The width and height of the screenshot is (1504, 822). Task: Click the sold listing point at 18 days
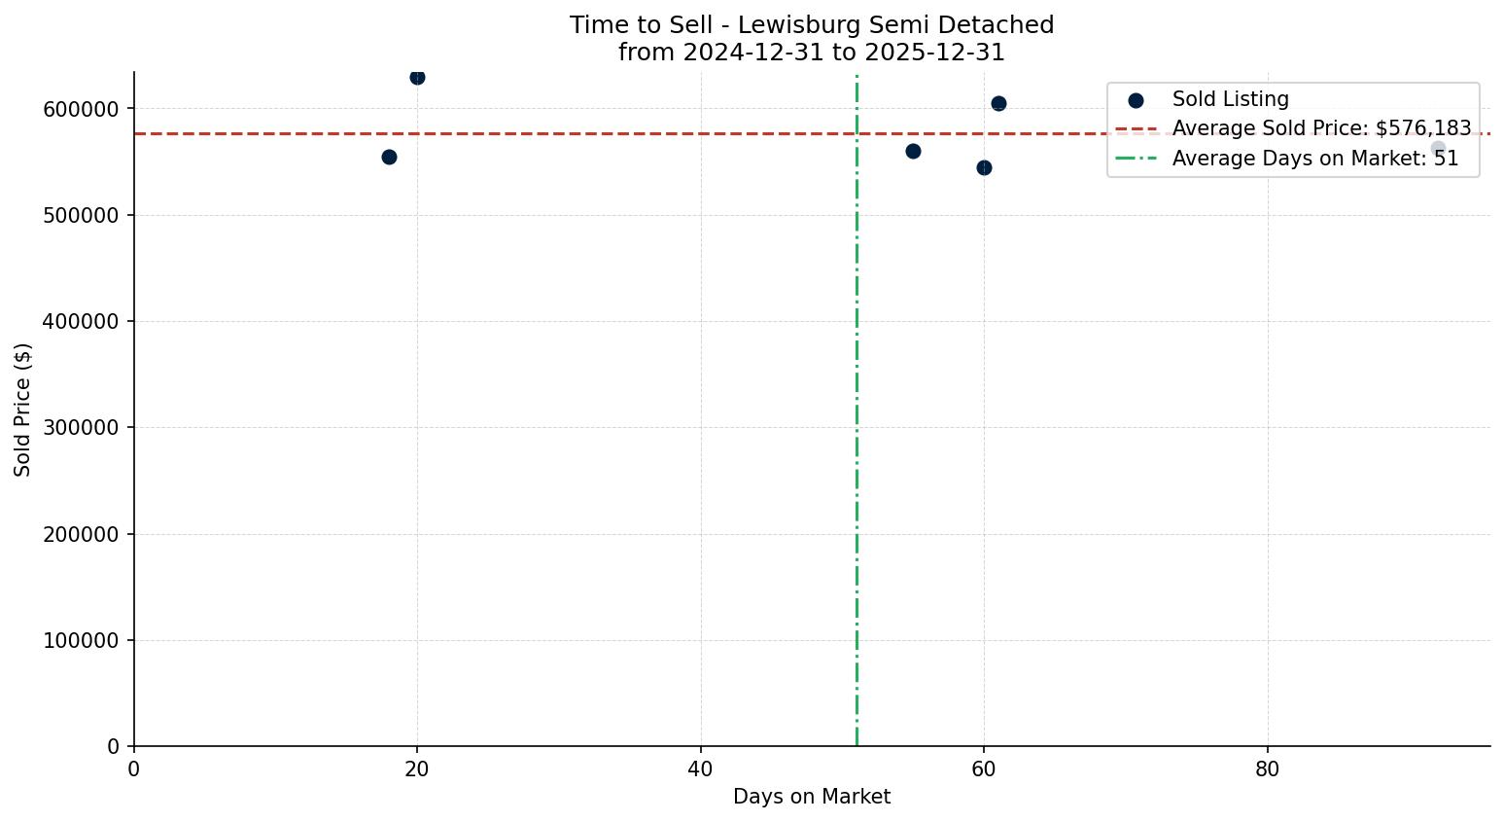(x=389, y=157)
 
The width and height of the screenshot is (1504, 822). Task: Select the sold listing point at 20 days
(x=417, y=78)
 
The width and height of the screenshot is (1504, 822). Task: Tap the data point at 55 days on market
(x=913, y=151)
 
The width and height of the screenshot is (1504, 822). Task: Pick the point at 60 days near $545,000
(x=984, y=167)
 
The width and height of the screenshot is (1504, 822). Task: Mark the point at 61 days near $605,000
(x=998, y=103)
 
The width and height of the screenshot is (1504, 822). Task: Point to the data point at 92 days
(x=1438, y=148)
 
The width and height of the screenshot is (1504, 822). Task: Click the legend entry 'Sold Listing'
(x=1230, y=99)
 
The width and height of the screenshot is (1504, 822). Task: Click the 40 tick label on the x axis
(x=700, y=769)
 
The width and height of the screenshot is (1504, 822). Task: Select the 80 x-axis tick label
(x=1267, y=769)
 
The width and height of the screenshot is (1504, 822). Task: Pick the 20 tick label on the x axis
(x=417, y=769)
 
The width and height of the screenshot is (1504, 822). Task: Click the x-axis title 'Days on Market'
(x=812, y=798)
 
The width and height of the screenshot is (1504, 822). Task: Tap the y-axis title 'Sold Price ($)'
(x=22, y=410)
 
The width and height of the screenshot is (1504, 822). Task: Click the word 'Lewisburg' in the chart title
(x=785, y=25)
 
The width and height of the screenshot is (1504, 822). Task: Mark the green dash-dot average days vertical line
(x=857, y=438)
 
